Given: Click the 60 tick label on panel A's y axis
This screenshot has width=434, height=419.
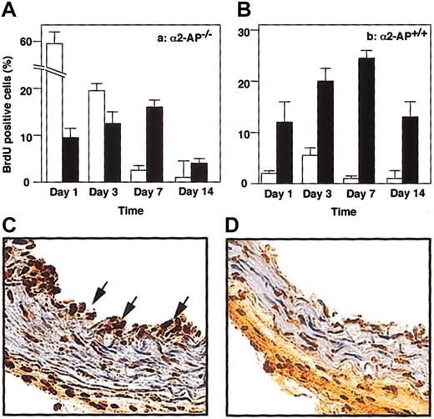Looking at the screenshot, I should tap(27, 42).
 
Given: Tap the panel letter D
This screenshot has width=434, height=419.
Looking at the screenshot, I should tap(233, 226).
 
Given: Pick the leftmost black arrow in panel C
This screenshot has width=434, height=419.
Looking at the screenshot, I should tap(98, 290).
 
